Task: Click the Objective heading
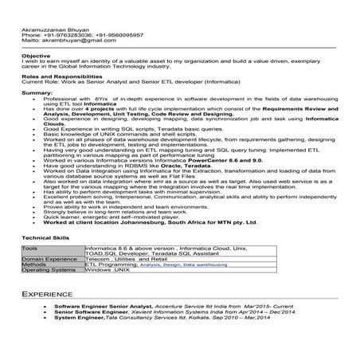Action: tap(36, 56)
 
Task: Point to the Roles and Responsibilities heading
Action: tap(58, 76)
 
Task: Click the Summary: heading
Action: tap(37, 93)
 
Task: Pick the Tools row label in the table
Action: tap(29, 248)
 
